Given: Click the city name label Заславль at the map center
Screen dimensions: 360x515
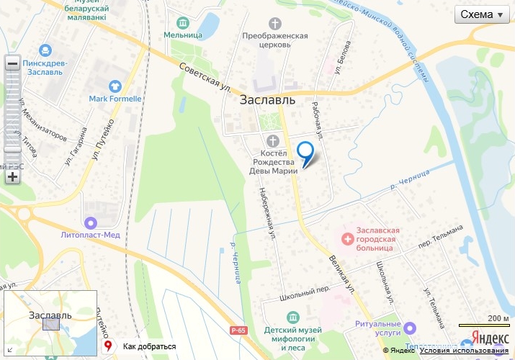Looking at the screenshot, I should tap(267, 101).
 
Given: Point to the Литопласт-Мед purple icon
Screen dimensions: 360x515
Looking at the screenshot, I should tap(90, 222).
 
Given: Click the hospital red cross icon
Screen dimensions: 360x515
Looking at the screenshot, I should tap(348, 238).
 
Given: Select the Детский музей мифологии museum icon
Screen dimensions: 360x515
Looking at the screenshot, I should tap(293, 318).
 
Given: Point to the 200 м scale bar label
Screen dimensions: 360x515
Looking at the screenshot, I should tap(497, 318).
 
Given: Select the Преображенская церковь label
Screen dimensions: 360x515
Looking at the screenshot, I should tap(276, 40).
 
